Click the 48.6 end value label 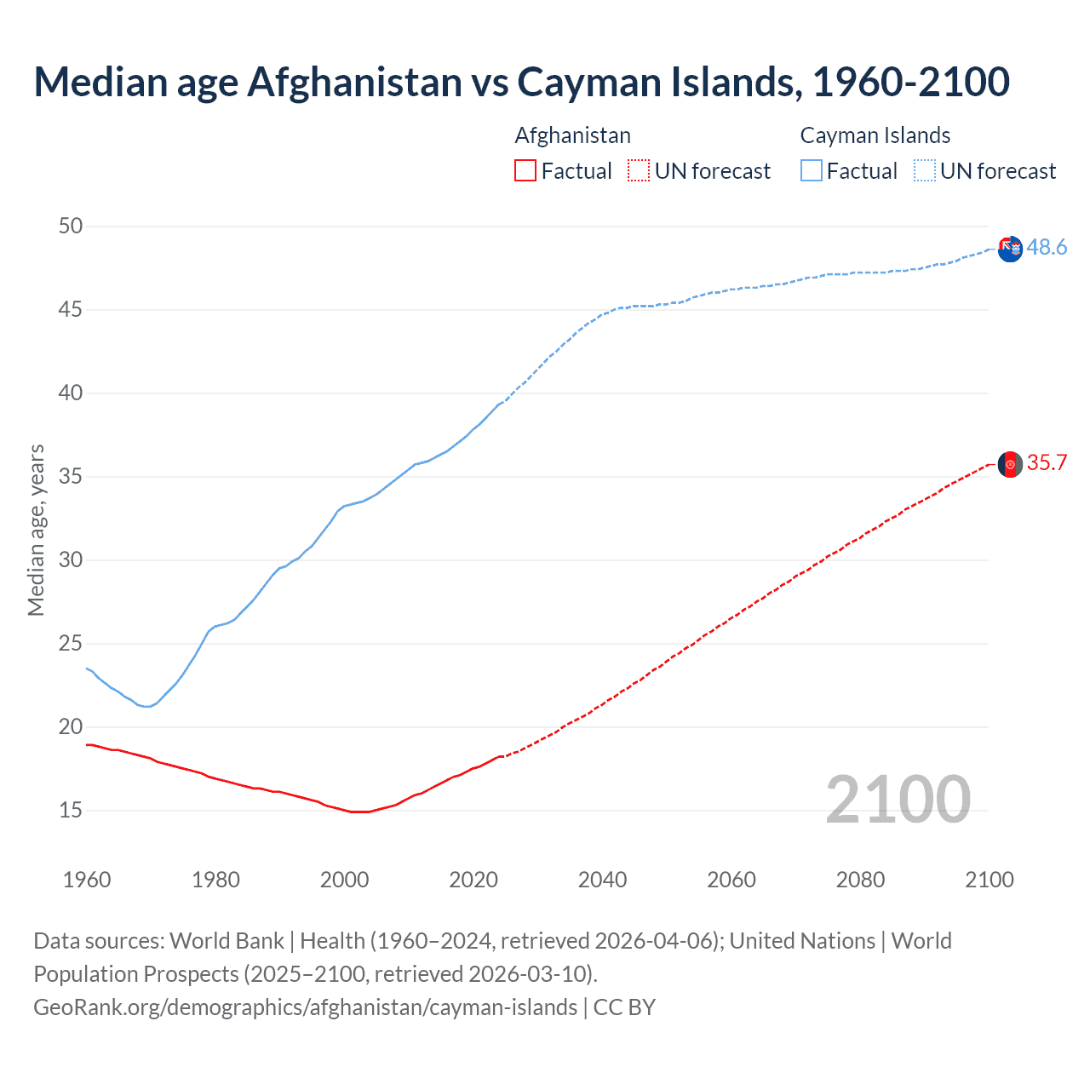coord(1047,247)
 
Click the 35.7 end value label coord(1047,462)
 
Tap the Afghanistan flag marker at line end coord(1010,464)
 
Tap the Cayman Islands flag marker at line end coord(1010,250)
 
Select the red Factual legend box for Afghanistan coord(525,171)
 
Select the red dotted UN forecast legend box coord(639,171)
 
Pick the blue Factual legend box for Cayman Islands coord(811,171)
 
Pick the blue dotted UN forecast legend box coord(924,171)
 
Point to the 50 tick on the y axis coord(71,226)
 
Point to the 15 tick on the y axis coord(71,810)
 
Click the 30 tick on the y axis coord(71,559)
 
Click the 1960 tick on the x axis coord(87,880)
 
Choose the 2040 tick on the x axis coord(602,880)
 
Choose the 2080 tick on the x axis coord(860,880)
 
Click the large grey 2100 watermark coord(898,799)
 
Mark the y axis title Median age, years coord(36,530)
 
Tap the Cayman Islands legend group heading coord(875,135)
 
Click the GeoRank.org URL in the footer coord(305,1007)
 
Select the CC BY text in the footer coord(624,1007)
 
